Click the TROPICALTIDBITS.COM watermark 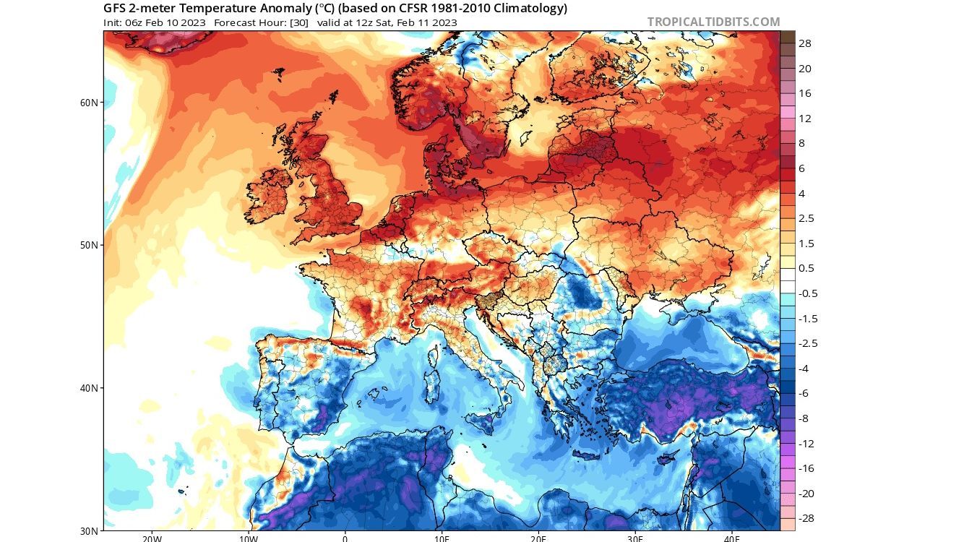coord(713,22)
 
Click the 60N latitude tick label coord(90,103)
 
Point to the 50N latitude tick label coord(90,245)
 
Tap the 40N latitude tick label coord(90,388)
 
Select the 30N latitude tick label coord(90,530)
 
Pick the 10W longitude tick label coord(248,538)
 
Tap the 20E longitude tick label coord(538,538)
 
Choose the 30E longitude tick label coord(635,538)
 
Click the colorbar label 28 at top coord(804,43)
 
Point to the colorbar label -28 coord(806,519)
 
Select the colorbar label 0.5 coord(806,268)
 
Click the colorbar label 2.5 coord(806,218)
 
